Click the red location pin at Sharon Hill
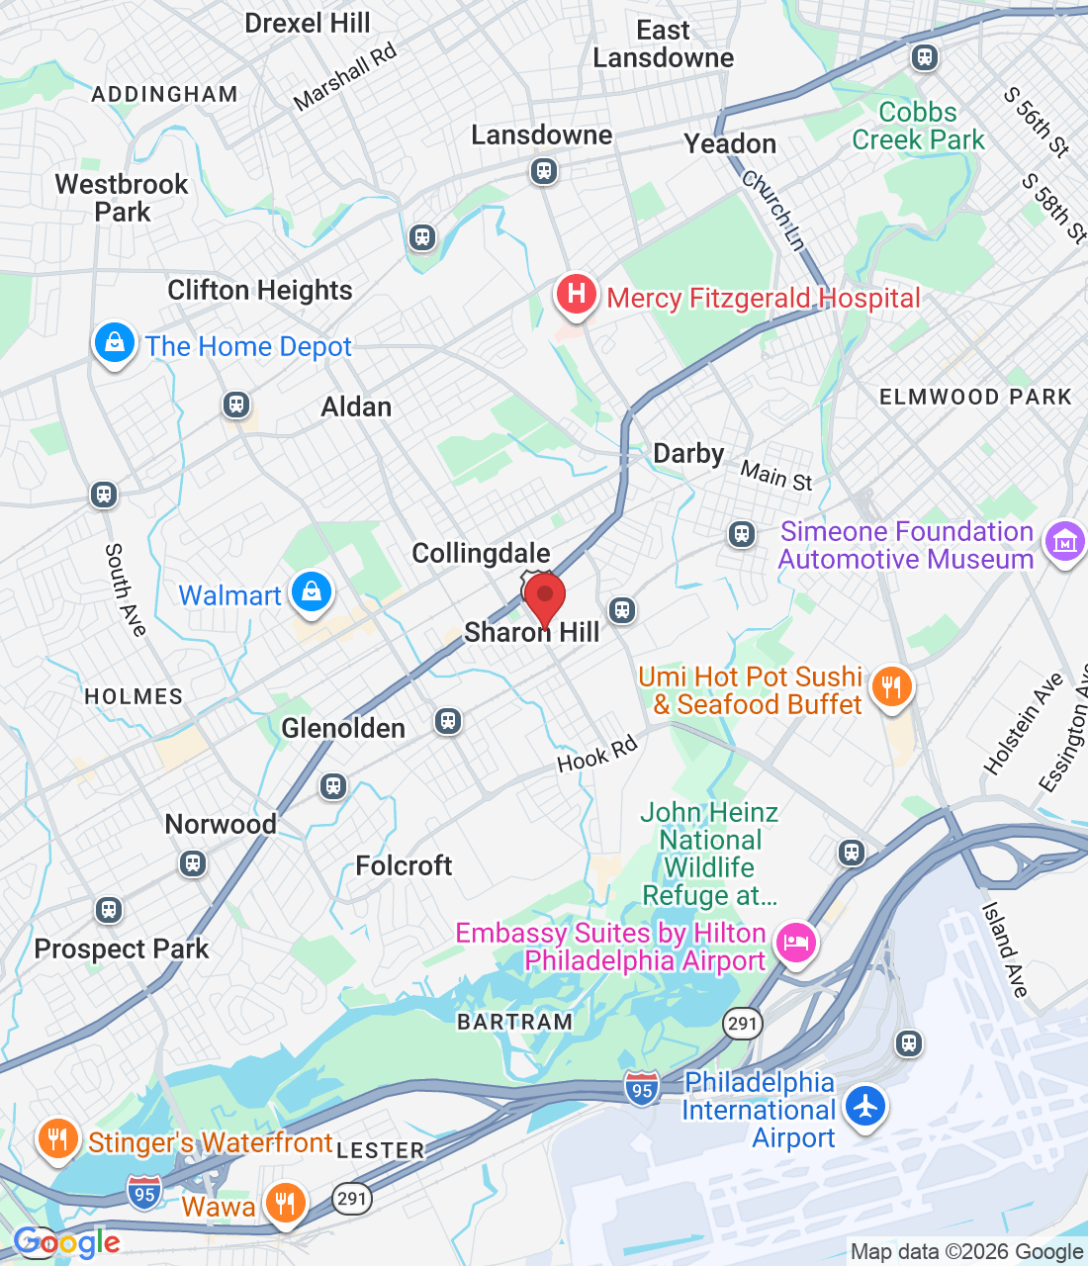tap(544, 598)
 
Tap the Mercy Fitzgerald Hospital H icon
tap(576, 295)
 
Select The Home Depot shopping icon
tap(115, 343)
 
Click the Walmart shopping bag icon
tap(312, 592)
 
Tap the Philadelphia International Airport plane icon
tap(865, 1106)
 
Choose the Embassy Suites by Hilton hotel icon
tap(795, 943)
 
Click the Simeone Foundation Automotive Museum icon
tap(1064, 542)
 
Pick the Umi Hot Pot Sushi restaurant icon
tap(892, 686)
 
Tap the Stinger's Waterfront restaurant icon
tap(58, 1139)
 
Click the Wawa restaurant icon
tap(285, 1203)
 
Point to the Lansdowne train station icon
tap(543, 171)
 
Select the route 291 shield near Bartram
tap(742, 1023)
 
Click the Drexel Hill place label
tap(308, 23)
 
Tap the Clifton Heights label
tap(260, 290)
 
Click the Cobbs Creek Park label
tap(918, 126)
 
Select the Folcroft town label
tap(404, 865)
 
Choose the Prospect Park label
tap(122, 949)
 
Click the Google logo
tap(67, 1242)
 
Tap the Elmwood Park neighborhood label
tap(975, 397)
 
